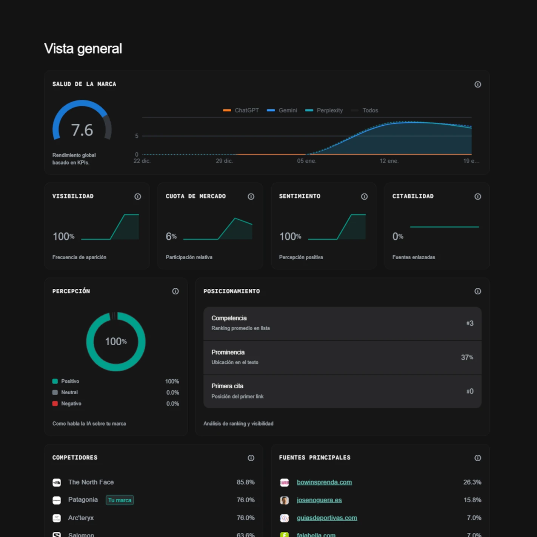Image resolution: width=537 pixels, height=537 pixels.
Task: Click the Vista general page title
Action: coord(83,49)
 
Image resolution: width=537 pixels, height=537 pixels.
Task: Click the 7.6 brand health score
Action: coord(82,130)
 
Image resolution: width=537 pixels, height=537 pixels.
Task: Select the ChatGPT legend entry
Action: coord(242,110)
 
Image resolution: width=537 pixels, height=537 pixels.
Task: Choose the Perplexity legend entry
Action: coord(325,110)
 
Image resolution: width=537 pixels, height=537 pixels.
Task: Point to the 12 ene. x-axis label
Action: coord(389,161)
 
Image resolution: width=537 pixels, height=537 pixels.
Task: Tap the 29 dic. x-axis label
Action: coord(224,161)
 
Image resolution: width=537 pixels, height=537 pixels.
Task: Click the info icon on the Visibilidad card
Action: coord(138,197)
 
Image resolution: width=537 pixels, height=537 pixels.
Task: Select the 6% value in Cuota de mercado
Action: coord(171,237)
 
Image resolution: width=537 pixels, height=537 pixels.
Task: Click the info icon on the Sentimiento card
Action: coord(364,197)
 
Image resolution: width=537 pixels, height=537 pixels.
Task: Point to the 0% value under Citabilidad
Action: coord(398,237)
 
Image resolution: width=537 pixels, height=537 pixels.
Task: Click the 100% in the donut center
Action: coord(116,342)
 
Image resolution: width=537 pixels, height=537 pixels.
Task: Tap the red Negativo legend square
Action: coord(55,403)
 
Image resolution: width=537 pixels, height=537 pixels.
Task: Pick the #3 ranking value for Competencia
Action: coord(469,323)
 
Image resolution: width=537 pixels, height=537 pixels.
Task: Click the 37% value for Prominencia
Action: coord(467,357)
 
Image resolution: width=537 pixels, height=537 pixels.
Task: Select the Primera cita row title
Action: coord(227,386)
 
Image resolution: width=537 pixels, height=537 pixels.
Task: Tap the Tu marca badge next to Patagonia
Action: coord(120,500)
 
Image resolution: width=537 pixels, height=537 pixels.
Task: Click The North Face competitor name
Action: coord(91,482)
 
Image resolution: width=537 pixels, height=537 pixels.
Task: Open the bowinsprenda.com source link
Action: coord(324,482)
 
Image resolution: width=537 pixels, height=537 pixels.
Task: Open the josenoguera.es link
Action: coord(319,500)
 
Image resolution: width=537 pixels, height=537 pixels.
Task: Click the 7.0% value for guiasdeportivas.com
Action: coord(474,518)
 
